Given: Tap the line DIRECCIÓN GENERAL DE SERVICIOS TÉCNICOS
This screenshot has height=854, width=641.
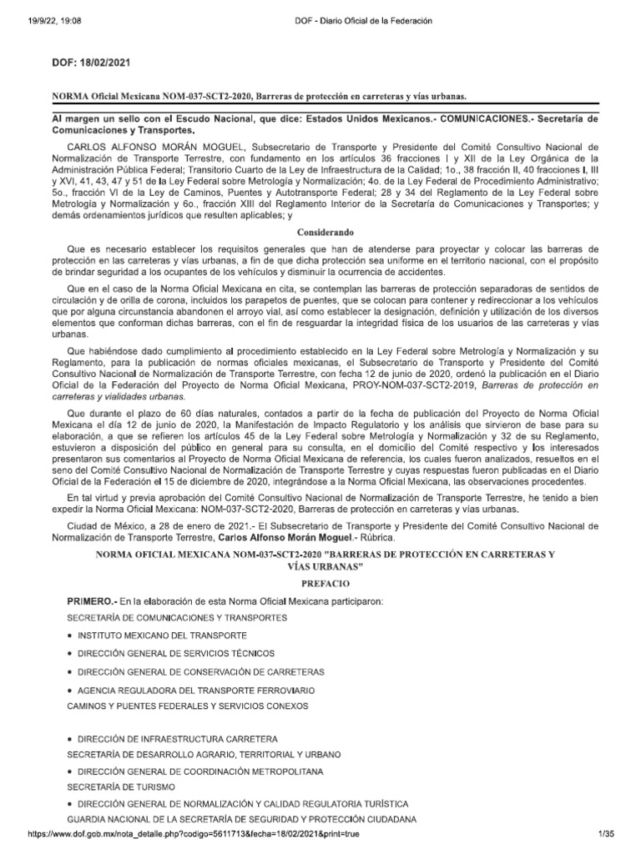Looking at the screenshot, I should tap(179, 653).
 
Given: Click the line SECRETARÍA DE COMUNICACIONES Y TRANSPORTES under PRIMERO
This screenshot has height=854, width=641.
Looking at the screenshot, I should tap(177, 616).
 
